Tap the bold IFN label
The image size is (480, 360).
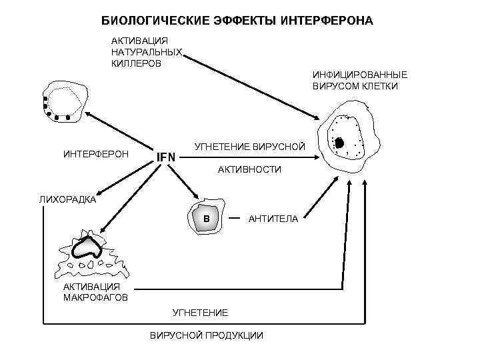pyautogui.click(x=166, y=157)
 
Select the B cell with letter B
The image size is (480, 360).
pyautogui.click(x=206, y=218)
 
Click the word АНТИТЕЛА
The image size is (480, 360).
pyautogui.click(x=273, y=219)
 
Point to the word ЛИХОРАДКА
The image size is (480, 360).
pyautogui.click(x=67, y=199)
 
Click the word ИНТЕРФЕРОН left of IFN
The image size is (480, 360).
pyautogui.click(x=96, y=154)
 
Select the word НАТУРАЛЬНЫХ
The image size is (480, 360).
pyautogui.click(x=146, y=52)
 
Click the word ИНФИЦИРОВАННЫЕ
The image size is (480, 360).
pyautogui.click(x=359, y=75)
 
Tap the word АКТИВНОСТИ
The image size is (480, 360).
pyautogui.click(x=249, y=170)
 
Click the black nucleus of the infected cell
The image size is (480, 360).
pyautogui.click(x=339, y=143)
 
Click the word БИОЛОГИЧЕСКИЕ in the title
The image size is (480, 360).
pyautogui.click(x=147, y=21)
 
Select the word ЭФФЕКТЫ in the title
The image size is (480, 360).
pyautogui.click(x=237, y=21)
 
